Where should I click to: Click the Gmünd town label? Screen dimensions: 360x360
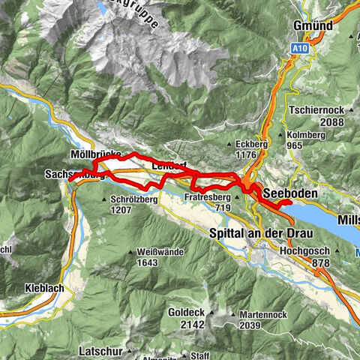(x=313, y=25)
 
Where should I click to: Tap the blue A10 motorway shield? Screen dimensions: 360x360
(x=300, y=48)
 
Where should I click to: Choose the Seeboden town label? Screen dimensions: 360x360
(x=292, y=193)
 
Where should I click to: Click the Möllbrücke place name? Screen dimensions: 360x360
(x=95, y=154)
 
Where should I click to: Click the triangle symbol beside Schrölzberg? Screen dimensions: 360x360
(x=104, y=200)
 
